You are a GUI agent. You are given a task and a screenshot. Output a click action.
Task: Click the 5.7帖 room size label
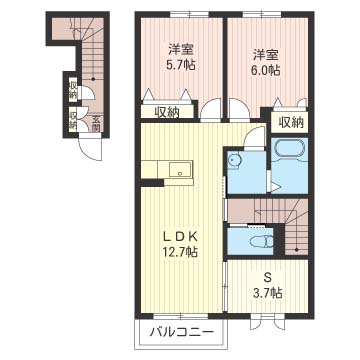click(x=181, y=64)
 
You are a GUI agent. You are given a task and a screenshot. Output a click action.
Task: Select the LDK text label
click(x=181, y=237)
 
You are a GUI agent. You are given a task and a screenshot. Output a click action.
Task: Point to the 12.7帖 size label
click(x=181, y=251)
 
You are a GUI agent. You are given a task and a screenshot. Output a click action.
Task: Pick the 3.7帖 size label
click(x=267, y=293)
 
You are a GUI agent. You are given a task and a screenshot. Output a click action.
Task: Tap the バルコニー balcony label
click(x=181, y=332)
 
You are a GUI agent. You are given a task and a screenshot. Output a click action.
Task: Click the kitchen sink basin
click(x=181, y=169)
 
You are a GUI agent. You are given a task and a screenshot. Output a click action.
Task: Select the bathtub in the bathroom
click(x=289, y=149)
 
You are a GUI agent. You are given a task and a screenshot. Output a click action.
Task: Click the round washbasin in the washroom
click(x=234, y=160)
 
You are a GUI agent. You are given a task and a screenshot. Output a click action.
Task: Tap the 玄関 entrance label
click(x=96, y=122)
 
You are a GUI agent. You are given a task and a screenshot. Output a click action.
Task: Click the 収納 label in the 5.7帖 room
click(x=167, y=112)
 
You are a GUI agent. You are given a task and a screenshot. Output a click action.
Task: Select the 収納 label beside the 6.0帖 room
click(x=291, y=123)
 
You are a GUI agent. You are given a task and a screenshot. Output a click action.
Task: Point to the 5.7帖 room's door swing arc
click(x=210, y=108)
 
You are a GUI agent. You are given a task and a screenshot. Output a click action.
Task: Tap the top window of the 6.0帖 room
click(x=261, y=14)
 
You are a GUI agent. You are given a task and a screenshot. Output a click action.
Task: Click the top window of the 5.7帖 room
click(x=189, y=14)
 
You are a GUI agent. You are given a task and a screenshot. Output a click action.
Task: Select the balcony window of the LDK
click(x=181, y=315)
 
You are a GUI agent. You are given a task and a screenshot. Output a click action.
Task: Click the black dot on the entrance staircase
click(x=93, y=79)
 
